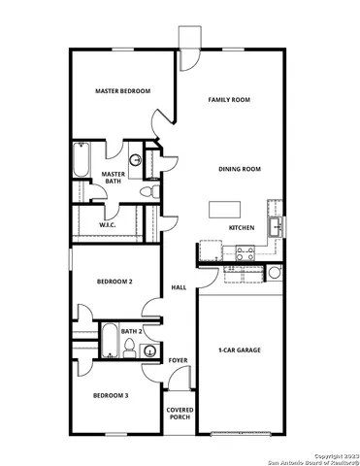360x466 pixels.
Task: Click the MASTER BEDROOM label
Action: tap(122, 91)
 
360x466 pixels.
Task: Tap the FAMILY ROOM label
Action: tap(230, 100)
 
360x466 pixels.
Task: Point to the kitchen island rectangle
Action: tap(223, 208)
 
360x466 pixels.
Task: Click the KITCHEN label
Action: tap(242, 227)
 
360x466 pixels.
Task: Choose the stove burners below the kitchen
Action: tap(242, 252)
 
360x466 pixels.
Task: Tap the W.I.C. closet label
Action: tap(109, 225)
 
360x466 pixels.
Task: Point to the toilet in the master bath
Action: tap(147, 194)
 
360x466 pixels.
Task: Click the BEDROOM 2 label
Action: tap(115, 282)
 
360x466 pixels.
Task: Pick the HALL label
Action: tap(179, 288)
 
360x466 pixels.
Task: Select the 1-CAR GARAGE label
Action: tap(240, 349)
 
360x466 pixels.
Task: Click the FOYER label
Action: tap(178, 360)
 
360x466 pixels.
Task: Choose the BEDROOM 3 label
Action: tap(111, 395)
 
